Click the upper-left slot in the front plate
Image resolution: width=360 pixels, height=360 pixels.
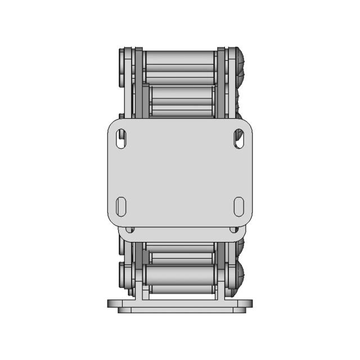click(120, 139)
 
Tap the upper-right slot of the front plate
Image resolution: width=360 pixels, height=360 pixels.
click(237, 139)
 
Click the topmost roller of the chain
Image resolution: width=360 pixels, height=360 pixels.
click(180, 60)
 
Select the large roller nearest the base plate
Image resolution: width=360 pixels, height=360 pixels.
click(180, 275)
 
